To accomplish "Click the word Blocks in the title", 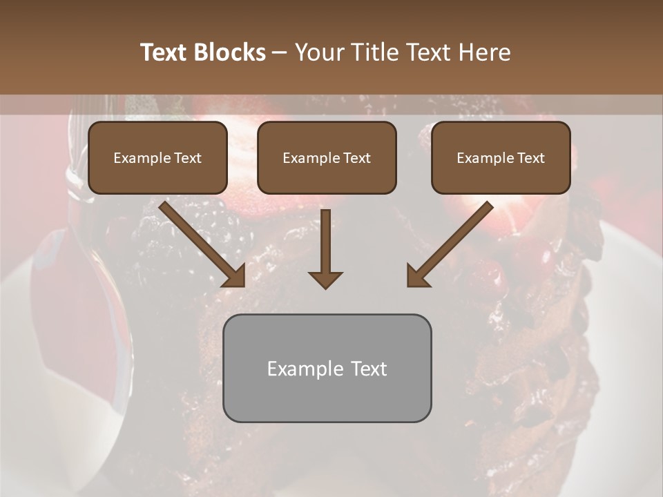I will pos(230,52).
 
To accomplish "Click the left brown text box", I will pos(157,157).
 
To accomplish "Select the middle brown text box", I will pos(327,157).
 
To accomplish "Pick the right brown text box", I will pos(501,157).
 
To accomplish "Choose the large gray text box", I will pos(327,368).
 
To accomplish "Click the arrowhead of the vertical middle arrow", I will pos(326,280).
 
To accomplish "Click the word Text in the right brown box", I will pos(530,158).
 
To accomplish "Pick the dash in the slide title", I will pos(280,53).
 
